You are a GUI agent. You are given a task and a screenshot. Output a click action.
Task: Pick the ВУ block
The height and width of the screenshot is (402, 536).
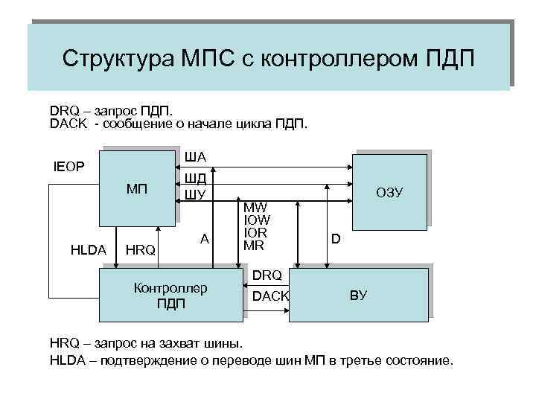tap(358, 295)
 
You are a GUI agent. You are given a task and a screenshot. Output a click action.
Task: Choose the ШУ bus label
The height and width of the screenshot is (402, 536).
tap(195, 194)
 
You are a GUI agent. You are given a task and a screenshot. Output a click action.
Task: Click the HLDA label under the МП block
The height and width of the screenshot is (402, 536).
tap(88, 250)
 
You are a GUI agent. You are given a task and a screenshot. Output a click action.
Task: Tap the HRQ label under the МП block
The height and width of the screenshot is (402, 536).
tap(139, 250)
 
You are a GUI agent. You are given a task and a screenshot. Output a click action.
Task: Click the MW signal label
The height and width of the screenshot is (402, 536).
tap(256, 208)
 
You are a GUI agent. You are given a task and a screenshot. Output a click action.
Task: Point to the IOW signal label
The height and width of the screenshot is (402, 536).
tap(257, 220)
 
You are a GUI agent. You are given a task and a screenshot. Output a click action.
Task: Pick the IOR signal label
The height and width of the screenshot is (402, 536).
tap(256, 232)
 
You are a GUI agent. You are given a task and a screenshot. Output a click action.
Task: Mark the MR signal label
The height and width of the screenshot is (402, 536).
tap(255, 244)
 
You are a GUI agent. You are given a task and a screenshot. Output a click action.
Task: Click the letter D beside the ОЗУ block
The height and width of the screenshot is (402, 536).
tap(336, 239)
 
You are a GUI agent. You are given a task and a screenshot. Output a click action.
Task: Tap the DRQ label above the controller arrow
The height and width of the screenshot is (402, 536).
tap(267, 275)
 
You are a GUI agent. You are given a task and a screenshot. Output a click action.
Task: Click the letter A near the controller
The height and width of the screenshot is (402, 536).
tap(204, 238)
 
